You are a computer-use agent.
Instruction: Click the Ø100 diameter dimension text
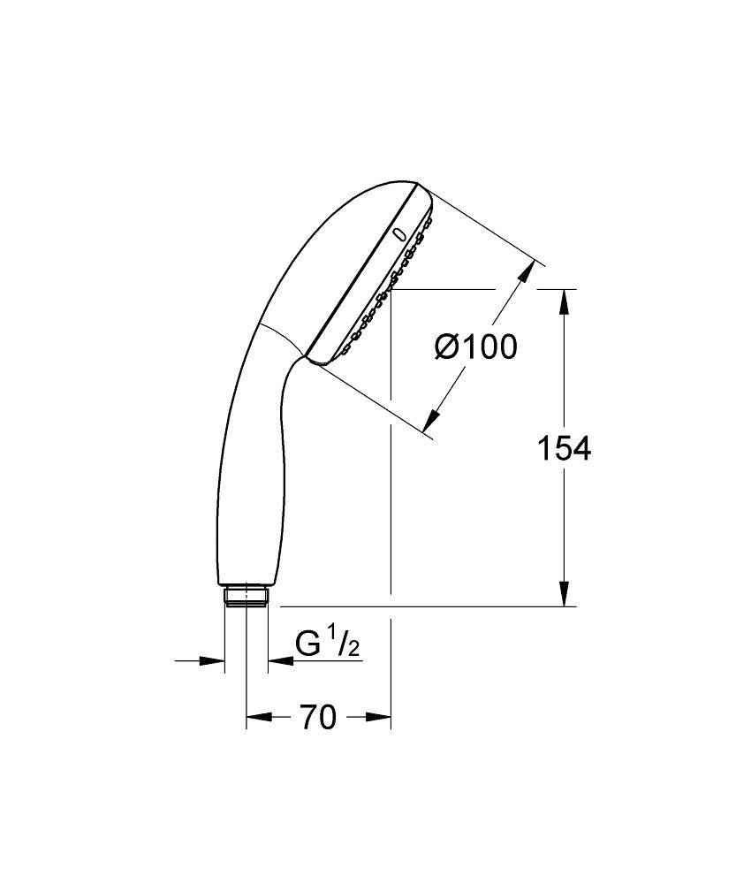[475, 347]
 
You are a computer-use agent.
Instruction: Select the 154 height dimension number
[565, 449]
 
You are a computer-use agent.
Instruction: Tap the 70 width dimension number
[318, 718]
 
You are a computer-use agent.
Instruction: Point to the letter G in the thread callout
[308, 645]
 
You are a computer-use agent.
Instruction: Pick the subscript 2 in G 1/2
[353, 651]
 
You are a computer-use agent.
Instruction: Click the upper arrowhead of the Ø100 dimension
[527, 271]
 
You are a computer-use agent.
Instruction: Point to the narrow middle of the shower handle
[250, 460]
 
